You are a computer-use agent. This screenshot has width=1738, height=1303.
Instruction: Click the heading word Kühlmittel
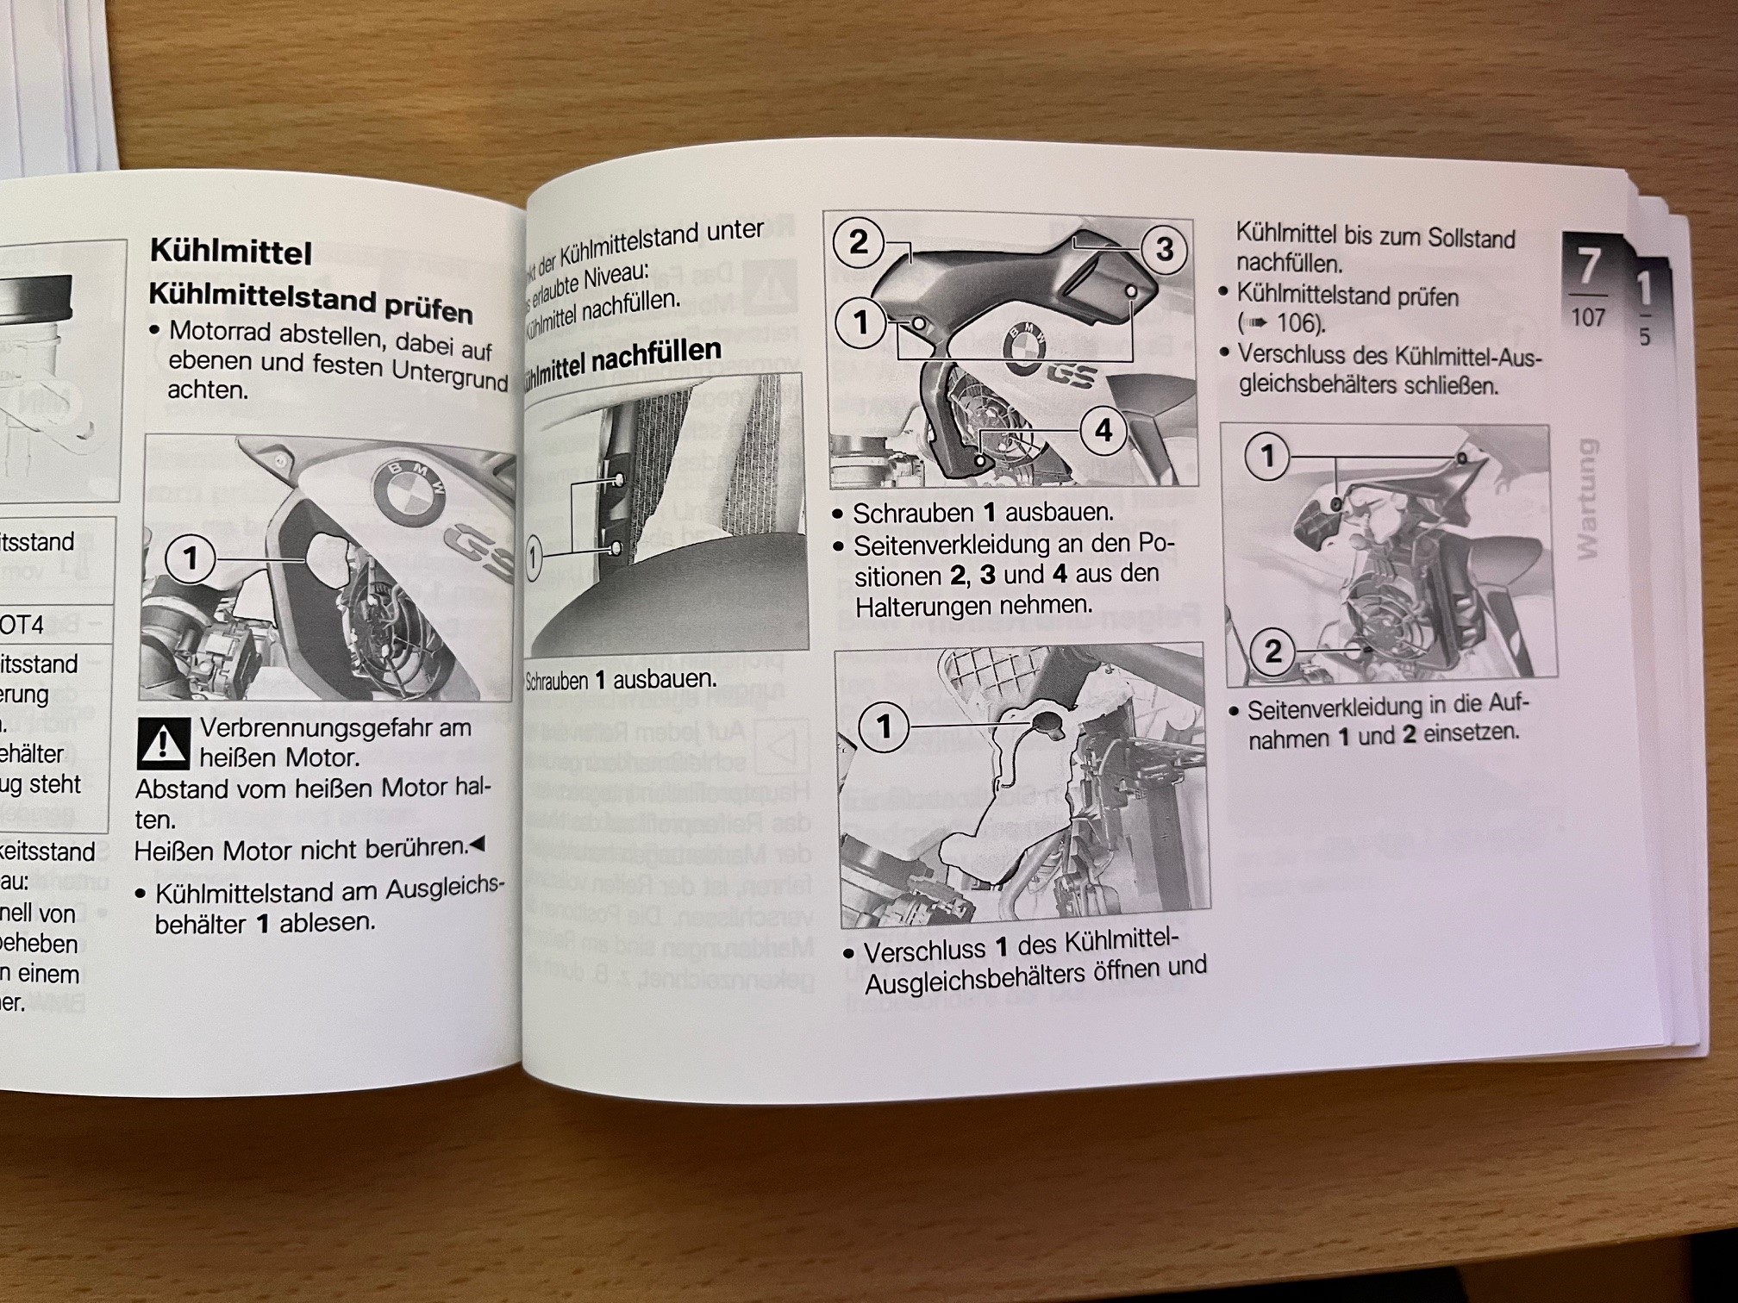pyautogui.click(x=230, y=251)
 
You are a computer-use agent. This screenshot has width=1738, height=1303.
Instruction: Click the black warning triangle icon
pyautogui.click(x=163, y=743)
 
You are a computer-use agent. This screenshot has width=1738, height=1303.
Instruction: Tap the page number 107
pyautogui.click(x=1587, y=318)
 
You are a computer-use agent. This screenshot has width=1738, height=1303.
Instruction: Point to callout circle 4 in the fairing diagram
pyautogui.click(x=1103, y=431)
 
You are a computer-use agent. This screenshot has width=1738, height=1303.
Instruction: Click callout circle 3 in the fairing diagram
pyautogui.click(x=1164, y=249)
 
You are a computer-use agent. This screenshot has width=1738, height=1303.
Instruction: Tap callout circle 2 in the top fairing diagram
pyautogui.click(x=858, y=242)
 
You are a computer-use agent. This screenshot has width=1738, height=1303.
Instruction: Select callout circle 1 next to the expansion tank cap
pyautogui.click(x=883, y=726)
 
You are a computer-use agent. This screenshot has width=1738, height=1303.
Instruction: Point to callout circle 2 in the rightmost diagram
pyautogui.click(x=1272, y=651)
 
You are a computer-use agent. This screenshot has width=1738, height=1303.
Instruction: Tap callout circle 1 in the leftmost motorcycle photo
pyautogui.click(x=190, y=559)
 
